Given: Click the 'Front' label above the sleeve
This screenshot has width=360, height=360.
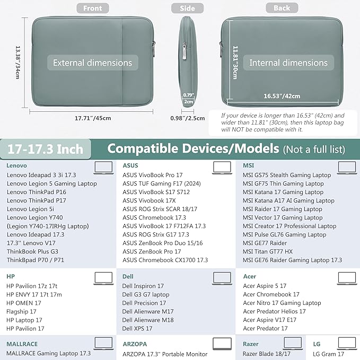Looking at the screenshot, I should pyautogui.click(x=92, y=8).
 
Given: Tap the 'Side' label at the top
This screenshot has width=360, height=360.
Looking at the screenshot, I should pyautogui.click(x=187, y=8).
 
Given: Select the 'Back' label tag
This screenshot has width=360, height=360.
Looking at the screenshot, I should pyautogui.click(x=282, y=8).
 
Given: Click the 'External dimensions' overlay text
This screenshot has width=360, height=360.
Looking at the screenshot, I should pyautogui.click(x=92, y=63).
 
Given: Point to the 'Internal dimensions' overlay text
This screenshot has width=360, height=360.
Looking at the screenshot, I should pyautogui.click(x=288, y=63).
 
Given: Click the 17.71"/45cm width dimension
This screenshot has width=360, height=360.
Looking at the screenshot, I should pyautogui.click(x=93, y=118).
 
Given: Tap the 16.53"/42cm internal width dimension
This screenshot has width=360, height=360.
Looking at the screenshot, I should pyautogui.click(x=282, y=96).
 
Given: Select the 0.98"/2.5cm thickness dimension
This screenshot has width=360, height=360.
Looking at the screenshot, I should pyautogui.click(x=188, y=118).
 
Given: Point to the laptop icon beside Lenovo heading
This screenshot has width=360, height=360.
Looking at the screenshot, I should pyautogui.click(x=103, y=168).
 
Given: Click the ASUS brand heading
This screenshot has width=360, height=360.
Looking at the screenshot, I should pyautogui.click(x=130, y=165).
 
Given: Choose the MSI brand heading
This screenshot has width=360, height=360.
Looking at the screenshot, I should pyautogui.click(x=248, y=165).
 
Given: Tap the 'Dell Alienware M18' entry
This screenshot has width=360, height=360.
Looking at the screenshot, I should pyautogui.click(x=147, y=320).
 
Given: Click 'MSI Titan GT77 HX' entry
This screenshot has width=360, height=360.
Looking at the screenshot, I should pyautogui.click(x=267, y=251).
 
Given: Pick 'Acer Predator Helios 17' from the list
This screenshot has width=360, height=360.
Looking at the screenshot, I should pyautogui.click(x=274, y=311).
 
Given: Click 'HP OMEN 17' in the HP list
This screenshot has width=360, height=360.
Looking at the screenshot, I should pyautogui.click(x=24, y=303).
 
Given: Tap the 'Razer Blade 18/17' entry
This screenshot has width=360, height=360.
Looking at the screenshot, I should pyautogui.click(x=267, y=354).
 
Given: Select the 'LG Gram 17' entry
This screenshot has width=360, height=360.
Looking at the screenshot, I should pyautogui.click(x=329, y=354).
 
